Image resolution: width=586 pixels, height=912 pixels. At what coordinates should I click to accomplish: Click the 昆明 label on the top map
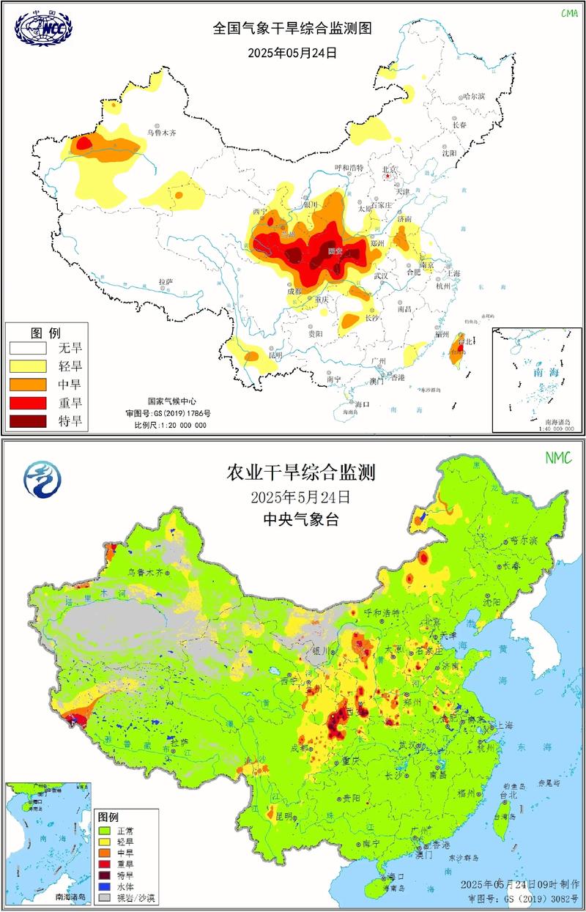(x=275, y=355)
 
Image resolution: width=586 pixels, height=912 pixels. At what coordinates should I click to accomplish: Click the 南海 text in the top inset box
(x=533, y=372)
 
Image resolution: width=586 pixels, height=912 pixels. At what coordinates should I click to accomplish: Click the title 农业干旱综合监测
(x=300, y=472)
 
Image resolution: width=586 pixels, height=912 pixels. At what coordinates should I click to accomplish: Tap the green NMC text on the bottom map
(x=558, y=458)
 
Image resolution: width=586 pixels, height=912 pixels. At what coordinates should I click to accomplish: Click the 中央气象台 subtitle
(x=300, y=521)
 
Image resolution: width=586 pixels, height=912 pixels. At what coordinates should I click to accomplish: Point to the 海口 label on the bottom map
(x=396, y=876)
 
